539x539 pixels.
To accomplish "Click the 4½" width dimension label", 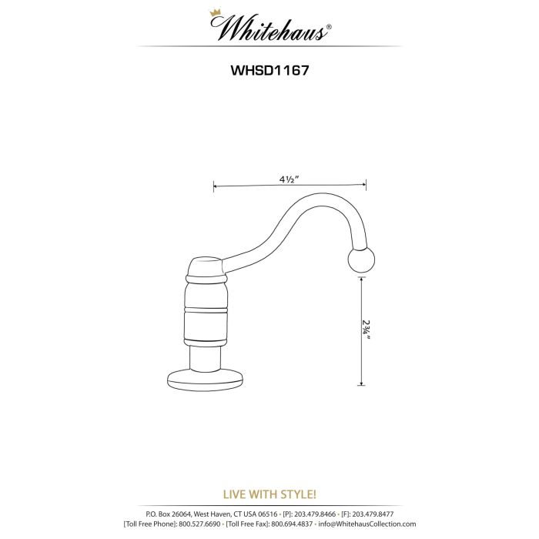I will coord(290,178).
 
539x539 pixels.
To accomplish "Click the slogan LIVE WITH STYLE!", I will coord(269,494).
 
